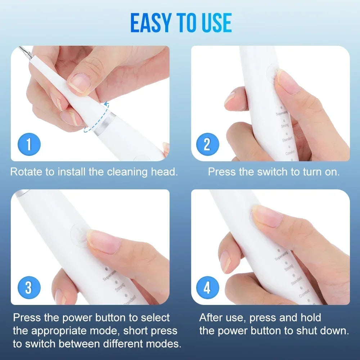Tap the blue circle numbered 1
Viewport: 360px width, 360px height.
(29, 144)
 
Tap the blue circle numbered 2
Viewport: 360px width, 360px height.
(207, 144)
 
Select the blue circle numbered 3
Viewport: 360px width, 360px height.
(29, 288)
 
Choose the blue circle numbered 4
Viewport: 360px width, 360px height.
(207, 288)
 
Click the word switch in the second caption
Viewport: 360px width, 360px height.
(273, 171)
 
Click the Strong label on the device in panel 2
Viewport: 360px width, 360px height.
(285, 126)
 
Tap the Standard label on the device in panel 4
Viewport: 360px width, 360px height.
(296, 281)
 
